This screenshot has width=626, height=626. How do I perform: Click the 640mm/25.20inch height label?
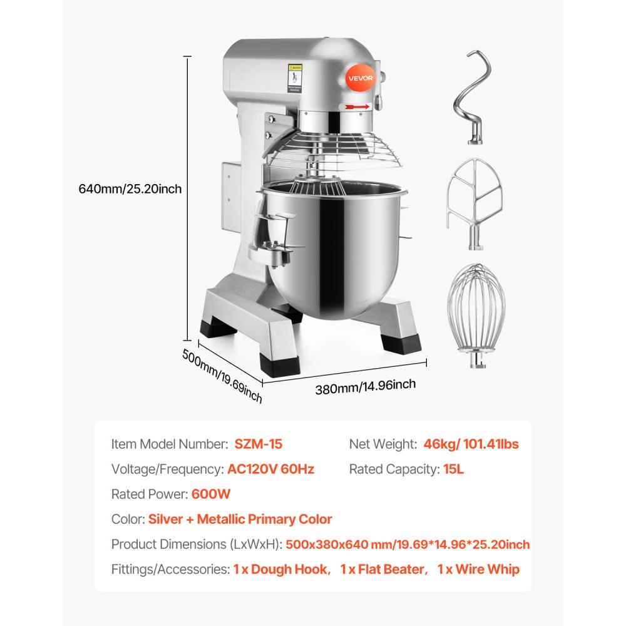(x=130, y=188)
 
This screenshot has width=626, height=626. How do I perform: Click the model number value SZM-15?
(x=259, y=444)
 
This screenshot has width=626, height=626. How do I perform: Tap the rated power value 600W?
(x=211, y=494)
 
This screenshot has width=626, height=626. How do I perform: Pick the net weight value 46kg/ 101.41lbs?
(x=471, y=444)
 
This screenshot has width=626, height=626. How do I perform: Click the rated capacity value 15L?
(x=451, y=469)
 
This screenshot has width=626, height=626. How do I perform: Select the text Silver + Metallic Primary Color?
(x=240, y=519)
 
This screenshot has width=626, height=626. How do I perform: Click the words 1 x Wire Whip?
(x=478, y=569)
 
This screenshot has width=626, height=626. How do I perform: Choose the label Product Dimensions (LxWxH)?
(x=197, y=544)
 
